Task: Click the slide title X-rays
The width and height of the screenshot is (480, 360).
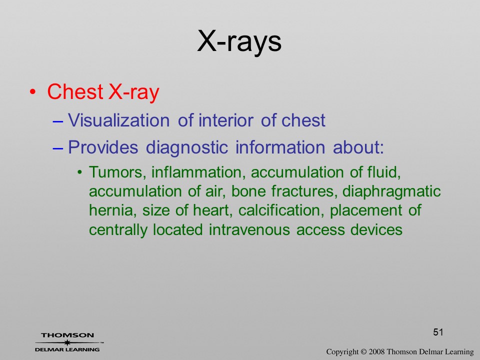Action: coord(239,41)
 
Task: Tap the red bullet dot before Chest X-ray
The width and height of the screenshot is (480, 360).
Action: coord(33,92)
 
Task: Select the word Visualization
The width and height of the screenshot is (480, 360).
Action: coord(119,120)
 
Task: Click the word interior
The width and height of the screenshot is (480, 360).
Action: coord(226,120)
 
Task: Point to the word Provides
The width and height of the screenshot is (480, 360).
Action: coord(103,147)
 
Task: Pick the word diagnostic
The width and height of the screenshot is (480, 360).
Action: coord(186,147)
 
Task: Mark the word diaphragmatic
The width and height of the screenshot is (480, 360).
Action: coord(391,191)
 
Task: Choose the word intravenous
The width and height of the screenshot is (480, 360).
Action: coord(249,229)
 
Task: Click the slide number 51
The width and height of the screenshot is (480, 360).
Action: coord(438,332)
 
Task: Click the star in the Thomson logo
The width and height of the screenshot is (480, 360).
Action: coord(67,342)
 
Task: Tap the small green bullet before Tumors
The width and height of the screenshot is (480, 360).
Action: coord(79,172)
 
